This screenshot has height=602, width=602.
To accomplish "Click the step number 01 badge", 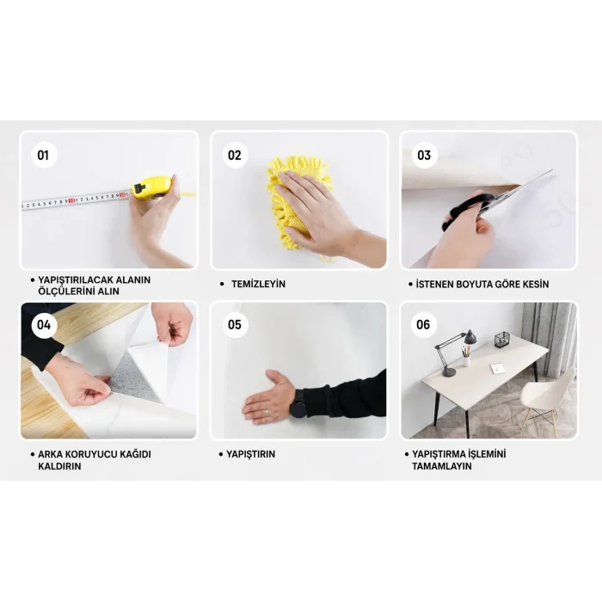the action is click(x=44, y=155).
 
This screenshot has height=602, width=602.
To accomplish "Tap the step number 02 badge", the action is click(x=235, y=155).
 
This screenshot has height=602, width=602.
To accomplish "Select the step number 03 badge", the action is click(x=424, y=155).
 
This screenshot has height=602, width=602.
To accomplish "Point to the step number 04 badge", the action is click(x=44, y=325).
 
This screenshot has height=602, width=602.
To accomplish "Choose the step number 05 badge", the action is click(x=235, y=325).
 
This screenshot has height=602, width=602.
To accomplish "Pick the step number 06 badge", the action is click(x=423, y=325).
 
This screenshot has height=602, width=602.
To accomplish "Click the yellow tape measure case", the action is click(x=151, y=187).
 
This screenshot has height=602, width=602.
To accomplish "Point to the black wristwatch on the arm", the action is click(x=298, y=403).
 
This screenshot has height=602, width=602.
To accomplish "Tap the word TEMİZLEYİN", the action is click(x=258, y=284).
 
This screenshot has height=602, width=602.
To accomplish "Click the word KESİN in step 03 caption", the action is click(x=536, y=285).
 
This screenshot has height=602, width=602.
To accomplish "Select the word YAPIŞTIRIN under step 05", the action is click(x=251, y=454).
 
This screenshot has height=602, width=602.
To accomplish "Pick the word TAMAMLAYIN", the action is click(x=442, y=466).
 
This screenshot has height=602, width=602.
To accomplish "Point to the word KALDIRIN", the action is click(x=59, y=466).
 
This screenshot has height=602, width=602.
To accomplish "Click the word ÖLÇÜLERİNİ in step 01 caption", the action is click(x=64, y=292).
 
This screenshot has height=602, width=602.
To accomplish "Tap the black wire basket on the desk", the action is click(x=501, y=340).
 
